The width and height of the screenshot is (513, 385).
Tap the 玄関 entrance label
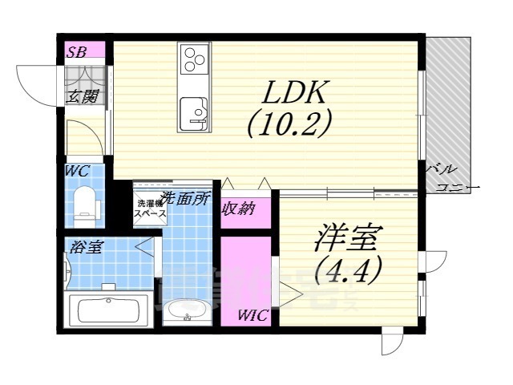82,97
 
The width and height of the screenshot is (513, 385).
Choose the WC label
78,170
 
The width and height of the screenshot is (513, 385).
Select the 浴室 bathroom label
83,247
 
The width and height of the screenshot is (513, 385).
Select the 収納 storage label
238,209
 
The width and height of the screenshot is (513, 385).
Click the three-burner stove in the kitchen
195,59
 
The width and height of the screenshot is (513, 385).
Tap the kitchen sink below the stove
193,108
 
